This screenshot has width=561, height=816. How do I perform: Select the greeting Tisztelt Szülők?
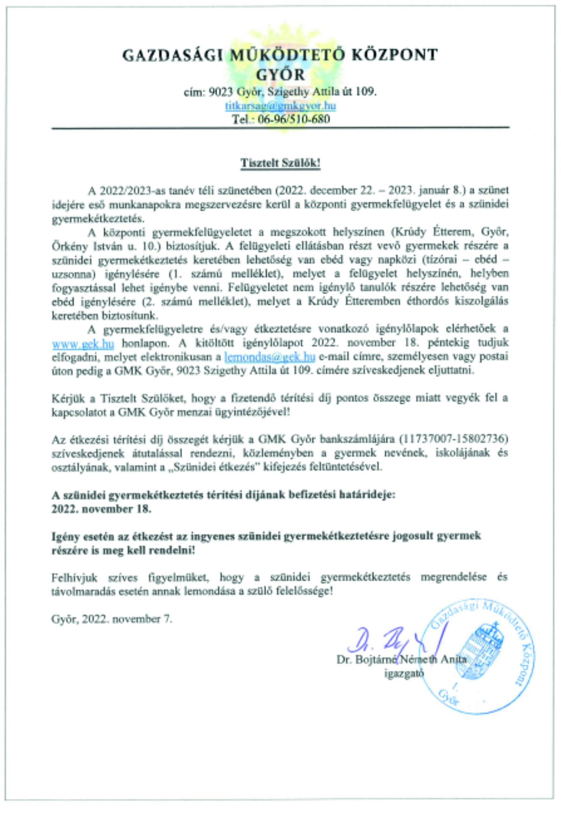(x=280, y=164)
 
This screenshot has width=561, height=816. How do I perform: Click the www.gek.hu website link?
(x=83, y=343)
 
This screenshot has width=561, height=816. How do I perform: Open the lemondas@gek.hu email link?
(x=269, y=357)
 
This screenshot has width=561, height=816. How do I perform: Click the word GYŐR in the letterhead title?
(x=280, y=75)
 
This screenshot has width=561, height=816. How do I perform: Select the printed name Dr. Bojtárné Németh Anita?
(x=401, y=661)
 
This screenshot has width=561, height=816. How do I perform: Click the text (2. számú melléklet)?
(x=193, y=301)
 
